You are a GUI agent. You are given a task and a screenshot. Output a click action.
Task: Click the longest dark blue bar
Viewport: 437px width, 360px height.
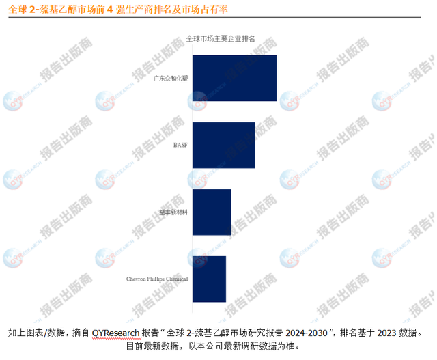pyautogui.click(x=235, y=79)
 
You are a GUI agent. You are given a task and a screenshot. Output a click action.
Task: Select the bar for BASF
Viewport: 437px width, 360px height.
pyautogui.click(x=224, y=145)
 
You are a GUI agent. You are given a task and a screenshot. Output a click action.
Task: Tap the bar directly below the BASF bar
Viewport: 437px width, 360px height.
pyautogui.click(x=212, y=212)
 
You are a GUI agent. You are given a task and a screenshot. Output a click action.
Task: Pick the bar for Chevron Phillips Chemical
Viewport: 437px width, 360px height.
pyautogui.click(x=210, y=279)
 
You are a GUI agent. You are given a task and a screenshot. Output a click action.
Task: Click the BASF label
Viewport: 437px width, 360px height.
pyautogui.click(x=181, y=145)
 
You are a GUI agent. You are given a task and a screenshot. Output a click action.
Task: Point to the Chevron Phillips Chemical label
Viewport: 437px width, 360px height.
pyautogui.click(x=157, y=279)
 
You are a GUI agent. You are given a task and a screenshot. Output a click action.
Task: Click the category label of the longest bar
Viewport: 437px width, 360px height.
pyautogui.click(x=171, y=79)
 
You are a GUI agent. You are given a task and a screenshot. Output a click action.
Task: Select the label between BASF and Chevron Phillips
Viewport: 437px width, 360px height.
pyautogui.click(x=173, y=212)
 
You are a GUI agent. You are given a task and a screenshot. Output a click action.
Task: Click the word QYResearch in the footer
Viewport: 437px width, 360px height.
pyautogui.click(x=115, y=333)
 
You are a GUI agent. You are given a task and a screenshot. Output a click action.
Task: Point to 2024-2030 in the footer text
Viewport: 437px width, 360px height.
pyautogui.click(x=307, y=333)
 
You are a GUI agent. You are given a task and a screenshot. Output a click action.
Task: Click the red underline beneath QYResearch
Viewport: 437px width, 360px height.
pyautogui.click(x=115, y=339)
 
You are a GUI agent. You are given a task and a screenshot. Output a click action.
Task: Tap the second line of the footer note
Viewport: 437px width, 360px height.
pyautogui.click(x=218, y=346)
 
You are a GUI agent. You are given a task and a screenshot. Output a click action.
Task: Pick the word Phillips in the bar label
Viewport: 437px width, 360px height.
pyautogui.click(x=156, y=279)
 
